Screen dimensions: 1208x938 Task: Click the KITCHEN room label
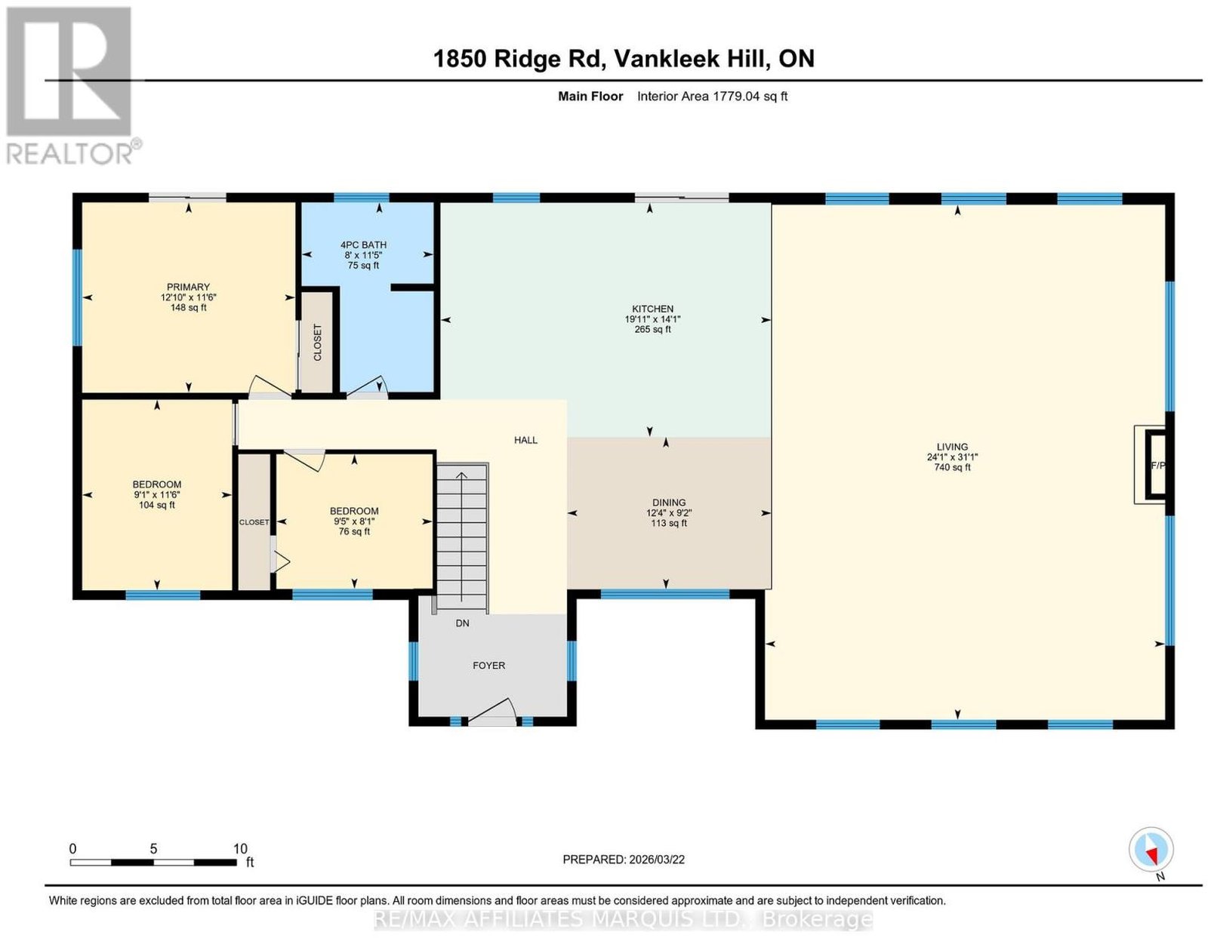(x=652, y=309)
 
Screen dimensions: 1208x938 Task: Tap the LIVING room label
(x=952, y=447)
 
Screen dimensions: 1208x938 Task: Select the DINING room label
(x=669, y=503)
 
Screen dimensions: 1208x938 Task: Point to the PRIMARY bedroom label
(x=188, y=287)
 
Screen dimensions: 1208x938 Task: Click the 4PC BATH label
(x=363, y=245)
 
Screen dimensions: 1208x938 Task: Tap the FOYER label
(x=488, y=666)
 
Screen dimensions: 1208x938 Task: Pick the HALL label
(x=525, y=441)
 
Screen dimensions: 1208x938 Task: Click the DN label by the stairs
(x=462, y=623)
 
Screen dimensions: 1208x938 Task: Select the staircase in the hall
(x=462, y=538)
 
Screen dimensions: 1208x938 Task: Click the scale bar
(x=153, y=863)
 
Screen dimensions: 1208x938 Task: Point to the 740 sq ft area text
(x=952, y=468)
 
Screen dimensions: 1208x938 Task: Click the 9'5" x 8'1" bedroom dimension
(x=353, y=521)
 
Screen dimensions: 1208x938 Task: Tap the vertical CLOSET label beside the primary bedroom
(x=317, y=343)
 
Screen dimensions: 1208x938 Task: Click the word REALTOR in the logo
(x=69, y=154)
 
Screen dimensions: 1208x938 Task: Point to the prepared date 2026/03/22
(x=657, y=859)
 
